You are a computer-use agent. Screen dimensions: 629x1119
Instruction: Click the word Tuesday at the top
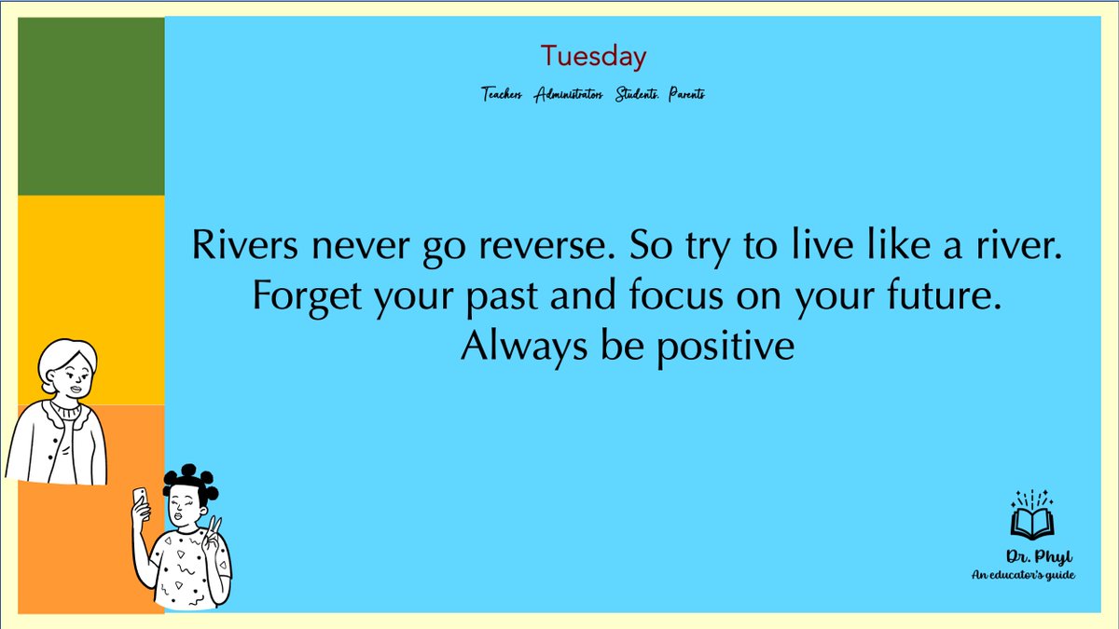[593, 57]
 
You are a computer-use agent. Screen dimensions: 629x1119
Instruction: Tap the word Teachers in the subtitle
[502, 94]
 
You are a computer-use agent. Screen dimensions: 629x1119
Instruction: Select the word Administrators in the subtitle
[569, 94]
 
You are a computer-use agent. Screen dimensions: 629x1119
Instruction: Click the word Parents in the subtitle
[686, 94]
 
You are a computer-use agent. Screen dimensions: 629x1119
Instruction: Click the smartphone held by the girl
[140, 499]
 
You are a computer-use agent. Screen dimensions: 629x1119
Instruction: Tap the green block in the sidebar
[90, 106]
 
